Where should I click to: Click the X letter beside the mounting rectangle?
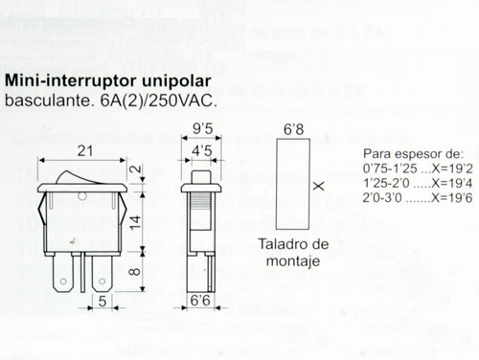[x=318, y=185]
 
